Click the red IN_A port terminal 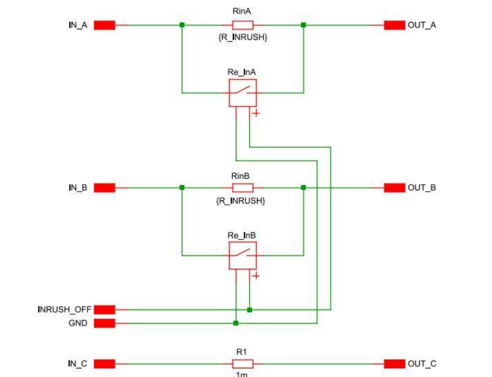(105, 25)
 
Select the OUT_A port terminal (394, 25)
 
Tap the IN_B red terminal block (105, 188)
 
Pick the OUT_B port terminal (394, 188)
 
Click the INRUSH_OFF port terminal (105, 310)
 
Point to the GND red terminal (105, 323)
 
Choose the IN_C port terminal (105, 364)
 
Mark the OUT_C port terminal (394, 364)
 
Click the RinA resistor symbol (243, 25)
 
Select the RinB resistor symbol (243, 188)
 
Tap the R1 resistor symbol (243, 364)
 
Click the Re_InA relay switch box (243, 93)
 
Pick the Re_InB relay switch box (243, 256)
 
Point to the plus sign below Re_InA (256, 113)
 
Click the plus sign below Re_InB (256, 276)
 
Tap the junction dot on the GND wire (236, 323)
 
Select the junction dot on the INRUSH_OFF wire (250, 310)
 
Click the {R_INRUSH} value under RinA (243, 37)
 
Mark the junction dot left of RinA (182, 25)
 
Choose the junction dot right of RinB (303, 188)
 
